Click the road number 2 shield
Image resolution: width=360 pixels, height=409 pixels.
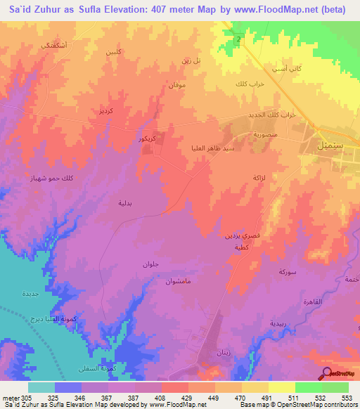tap(239, 40)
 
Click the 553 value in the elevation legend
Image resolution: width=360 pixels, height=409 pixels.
tap(344, 397)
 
